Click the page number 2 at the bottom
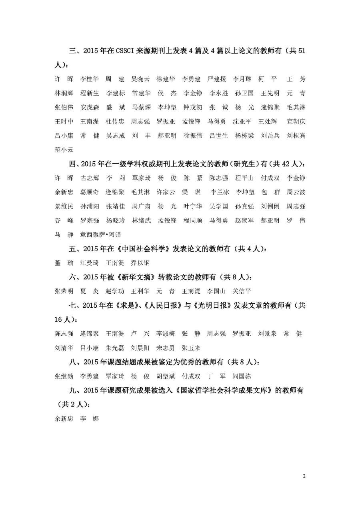[x=304, y=476]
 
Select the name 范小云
[x=64, y=150]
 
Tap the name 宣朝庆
[x=296, y=121]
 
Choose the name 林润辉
[x=64, y=93]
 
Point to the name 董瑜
[x=64, y=263]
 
